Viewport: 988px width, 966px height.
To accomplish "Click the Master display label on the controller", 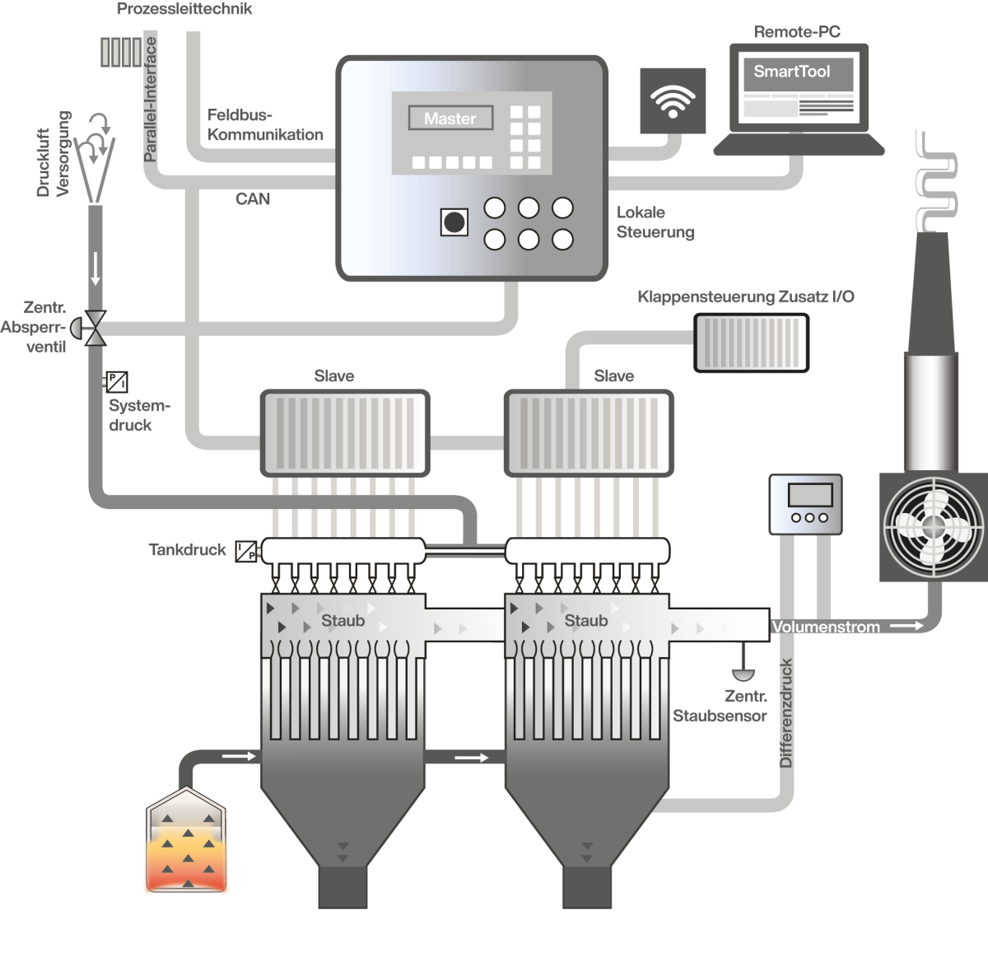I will (x=450, y=119).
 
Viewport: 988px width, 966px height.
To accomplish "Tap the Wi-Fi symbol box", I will (x=673, y=100).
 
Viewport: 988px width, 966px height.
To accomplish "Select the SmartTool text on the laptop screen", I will (x=791, y=72).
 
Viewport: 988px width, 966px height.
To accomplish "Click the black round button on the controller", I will (x=454, y=222).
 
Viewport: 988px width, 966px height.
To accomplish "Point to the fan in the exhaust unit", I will (x=934, y=526).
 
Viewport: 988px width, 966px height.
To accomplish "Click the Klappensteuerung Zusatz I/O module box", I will (x=751, y=342).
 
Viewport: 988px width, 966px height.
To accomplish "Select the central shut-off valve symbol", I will (x=95, y=328).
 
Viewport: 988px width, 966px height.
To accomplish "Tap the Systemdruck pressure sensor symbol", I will (x=117, y=382).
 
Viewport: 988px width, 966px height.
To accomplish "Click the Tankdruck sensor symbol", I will (x=246, y=551).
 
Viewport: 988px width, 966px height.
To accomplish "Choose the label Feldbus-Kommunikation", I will (x=264, y=125).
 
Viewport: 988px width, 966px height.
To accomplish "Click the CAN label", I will (x=252, y=199).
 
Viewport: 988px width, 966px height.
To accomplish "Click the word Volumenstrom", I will (x=826, y=628).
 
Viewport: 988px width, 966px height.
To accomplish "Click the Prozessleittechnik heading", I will (x=184, y=10).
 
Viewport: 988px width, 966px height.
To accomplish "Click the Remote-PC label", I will (x=797, y=32).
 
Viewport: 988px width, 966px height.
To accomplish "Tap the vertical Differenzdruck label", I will (x=786, y=713).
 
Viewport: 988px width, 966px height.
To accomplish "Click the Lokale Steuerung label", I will (x=655, y=222).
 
